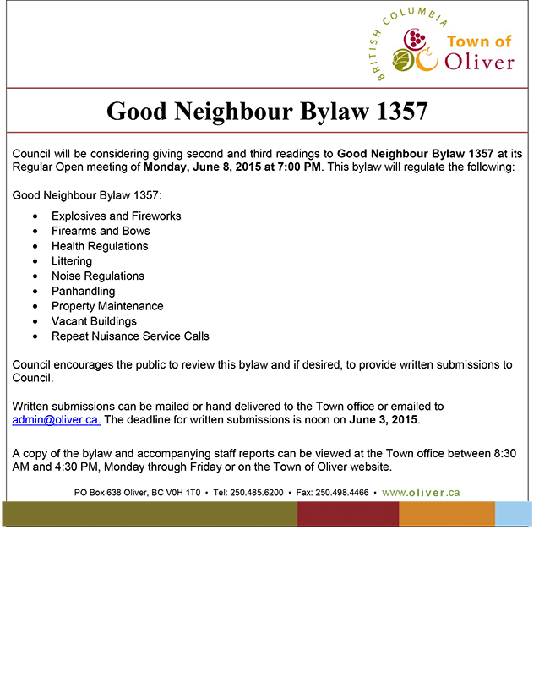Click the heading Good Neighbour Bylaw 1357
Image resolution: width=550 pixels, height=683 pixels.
pyautogui.click(x=267, y=111)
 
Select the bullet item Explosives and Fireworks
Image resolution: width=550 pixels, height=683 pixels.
pyautogui.click(x=116, y=216)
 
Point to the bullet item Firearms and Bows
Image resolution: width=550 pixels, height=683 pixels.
pyautogui.click(x=101, y=231)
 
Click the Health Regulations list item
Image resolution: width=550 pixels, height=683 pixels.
pyautogui.click(x=100, y=246)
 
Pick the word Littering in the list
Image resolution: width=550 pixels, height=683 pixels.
pyautogui.click(x=72, y=261)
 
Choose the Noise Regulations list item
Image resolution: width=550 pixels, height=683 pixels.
pyautogui.click(x=98, y=276)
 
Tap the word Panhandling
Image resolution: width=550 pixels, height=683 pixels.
pyautogui.click(x=83, y=291)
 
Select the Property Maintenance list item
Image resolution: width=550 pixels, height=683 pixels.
pyautogui.click(x=107, y=306)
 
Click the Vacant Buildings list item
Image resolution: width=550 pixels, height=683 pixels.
pyautogui.click(x=94, y=321)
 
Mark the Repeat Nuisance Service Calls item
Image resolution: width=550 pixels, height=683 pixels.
pyautogui.click(x=130, y=336)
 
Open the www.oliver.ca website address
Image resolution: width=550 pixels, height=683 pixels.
pyautogui.click(x=421, y=492)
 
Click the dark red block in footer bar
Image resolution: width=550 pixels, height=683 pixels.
pyautogui.click(x=347, y=513)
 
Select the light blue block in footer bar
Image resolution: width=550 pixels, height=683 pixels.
pyautogui.click(x=513, y=513)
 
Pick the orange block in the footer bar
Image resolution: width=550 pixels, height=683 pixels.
pyautogui.click(x=446, y=513)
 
